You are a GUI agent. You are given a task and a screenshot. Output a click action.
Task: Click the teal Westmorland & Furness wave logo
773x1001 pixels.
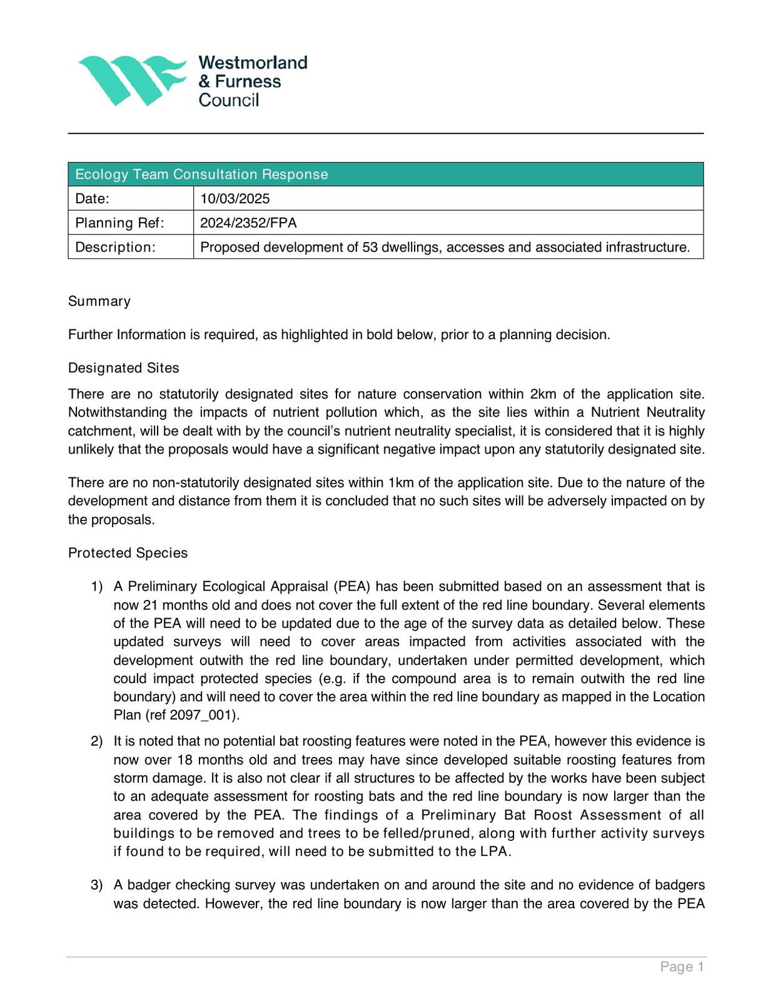click(x=132, y=80)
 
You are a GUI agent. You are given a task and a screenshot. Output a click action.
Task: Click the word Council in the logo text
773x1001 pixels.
click(x=228, y=100)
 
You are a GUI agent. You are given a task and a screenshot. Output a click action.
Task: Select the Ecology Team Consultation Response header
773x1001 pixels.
click(x=201, y=175)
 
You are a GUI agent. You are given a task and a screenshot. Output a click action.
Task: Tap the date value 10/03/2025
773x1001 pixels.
click(x=235, y=199)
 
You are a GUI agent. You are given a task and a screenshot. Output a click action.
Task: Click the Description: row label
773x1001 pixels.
click(x=115, y=247)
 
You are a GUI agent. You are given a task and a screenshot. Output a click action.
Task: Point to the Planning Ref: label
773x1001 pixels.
click(x=119, y=223)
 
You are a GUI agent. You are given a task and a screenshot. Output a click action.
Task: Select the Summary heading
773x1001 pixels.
click(x=99, y=302)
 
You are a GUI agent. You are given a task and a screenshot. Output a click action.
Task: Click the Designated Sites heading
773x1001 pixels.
click(x=124, y=368)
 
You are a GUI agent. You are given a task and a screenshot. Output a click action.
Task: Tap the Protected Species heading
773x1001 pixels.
click(x=128, y=553)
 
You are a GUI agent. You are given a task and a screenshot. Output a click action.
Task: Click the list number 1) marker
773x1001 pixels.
click(x=96, y=587)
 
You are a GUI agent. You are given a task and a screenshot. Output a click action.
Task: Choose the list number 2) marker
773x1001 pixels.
click(x=96, y=741)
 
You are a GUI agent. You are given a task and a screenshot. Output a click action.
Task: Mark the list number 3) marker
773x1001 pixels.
click(x=96, y=885)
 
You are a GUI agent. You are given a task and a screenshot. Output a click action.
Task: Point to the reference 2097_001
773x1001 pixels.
click(x=203, y=715)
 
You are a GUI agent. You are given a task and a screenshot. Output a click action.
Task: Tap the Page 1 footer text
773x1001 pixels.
click(x=682, y=967)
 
